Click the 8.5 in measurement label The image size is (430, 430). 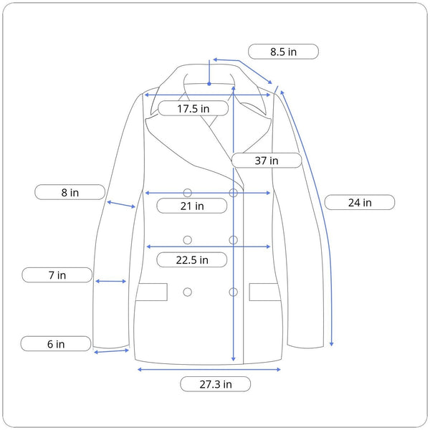point(283,52)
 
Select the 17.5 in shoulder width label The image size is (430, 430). point(193,108)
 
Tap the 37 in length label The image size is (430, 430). point(267,161)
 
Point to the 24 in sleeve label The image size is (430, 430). point(360,202)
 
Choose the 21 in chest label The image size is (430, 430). point(192,206)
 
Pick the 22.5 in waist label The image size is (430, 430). point(192,259)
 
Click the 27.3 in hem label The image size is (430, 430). point(216,384)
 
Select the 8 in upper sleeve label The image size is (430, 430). point(70,192)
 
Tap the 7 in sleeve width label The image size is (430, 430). point(57,275)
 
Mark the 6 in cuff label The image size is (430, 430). point(56,344)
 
